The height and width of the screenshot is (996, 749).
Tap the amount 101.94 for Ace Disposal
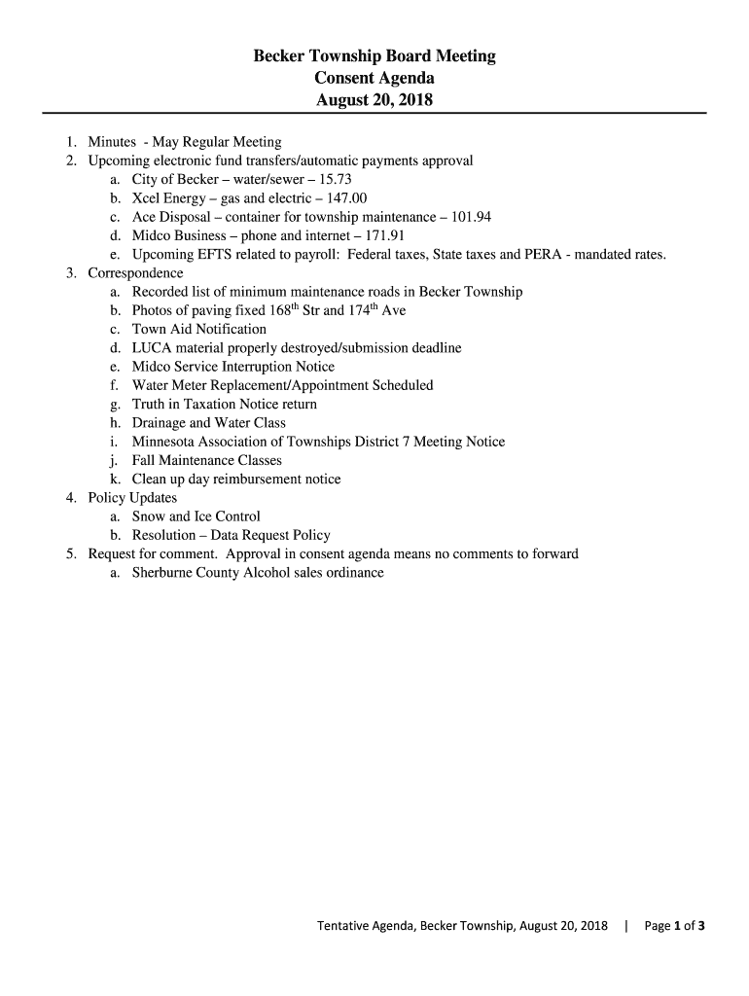tap(470, 217)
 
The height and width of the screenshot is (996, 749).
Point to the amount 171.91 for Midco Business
tap(383, 235)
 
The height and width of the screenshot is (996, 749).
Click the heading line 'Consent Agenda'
tap(374, 78)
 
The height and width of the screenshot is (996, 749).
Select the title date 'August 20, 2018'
tap(374, 99)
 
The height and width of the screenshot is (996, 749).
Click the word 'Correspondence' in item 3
tap(135, 273)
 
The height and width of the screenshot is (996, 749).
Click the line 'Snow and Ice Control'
tap(196, 516)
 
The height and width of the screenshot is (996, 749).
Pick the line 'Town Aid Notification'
tap(199, 330)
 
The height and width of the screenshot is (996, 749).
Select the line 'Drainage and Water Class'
tap(209, 423)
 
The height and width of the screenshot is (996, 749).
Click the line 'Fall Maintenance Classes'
tap(207, 460)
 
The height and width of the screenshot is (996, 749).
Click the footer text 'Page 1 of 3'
tap(667, 925)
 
